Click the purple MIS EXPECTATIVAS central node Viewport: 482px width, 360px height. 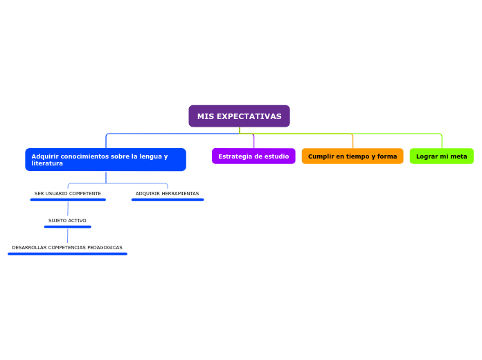(x=239, y=116)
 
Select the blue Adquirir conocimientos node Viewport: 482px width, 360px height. (x=105, y=159)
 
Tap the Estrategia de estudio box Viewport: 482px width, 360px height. (x=253, y=156)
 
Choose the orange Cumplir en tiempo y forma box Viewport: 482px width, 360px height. (x=352, y=156)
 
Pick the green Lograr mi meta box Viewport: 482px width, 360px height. (x=441, y=156)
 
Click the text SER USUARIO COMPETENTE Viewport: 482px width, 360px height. (x=68, y=194)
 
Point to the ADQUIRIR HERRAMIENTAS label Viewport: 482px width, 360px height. (x=167, y=194)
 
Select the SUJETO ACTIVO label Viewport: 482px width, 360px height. (x=67, y=221)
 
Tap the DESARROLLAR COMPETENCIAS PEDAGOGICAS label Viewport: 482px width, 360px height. (x=67, y=248)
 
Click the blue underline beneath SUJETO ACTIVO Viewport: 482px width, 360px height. (x=67, y=226)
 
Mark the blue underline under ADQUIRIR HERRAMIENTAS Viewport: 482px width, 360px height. (x=168, y=199)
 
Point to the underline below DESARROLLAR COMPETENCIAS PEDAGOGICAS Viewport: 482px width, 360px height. (x=67, y=254)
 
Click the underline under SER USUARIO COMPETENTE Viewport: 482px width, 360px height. (x=68, y=199)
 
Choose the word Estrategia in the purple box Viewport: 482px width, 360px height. (x=234, y=156)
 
